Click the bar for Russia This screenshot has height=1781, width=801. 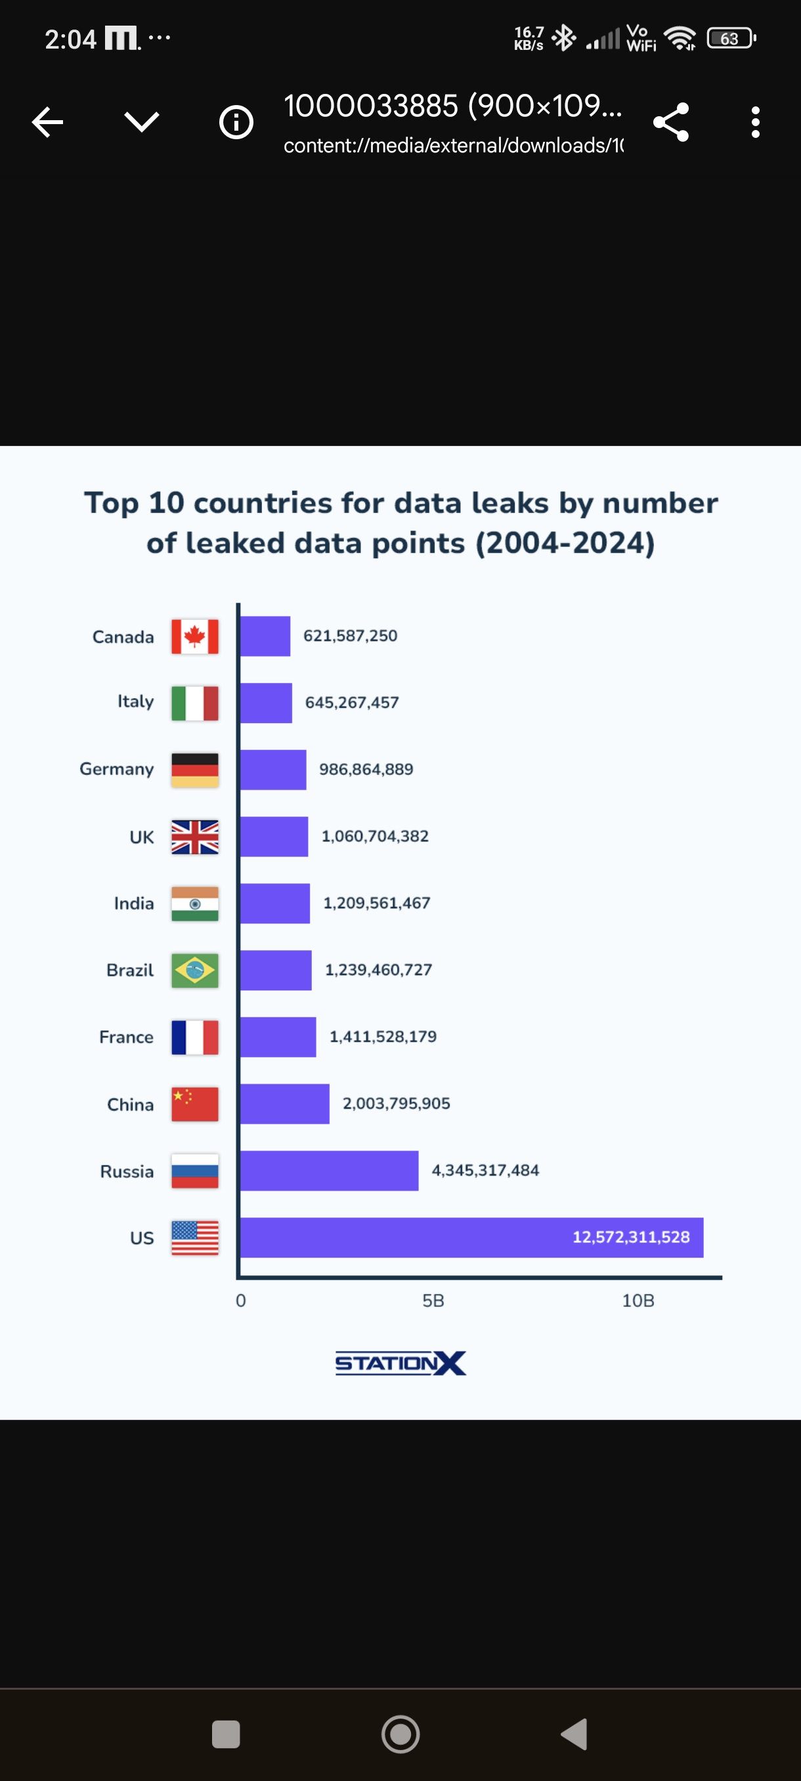329,1170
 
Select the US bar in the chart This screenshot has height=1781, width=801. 471,1238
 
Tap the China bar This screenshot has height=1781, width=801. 285,1103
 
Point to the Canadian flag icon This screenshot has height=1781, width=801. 195,636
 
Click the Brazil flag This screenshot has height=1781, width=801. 195,970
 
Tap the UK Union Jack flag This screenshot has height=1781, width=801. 195,837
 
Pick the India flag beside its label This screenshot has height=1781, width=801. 195,904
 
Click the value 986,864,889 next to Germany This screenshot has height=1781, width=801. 366,770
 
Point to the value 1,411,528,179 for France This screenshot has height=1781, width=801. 382,1036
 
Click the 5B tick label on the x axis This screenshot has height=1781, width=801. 433,1300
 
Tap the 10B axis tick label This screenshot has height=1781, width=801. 638,1300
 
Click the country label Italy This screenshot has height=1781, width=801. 135,702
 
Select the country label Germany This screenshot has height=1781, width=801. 117,769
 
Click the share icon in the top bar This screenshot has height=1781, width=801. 671,122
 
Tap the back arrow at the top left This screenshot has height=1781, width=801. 48,122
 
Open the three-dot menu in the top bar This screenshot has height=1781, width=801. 756,122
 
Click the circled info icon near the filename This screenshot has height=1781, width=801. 236,122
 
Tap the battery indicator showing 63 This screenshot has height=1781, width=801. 731,39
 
